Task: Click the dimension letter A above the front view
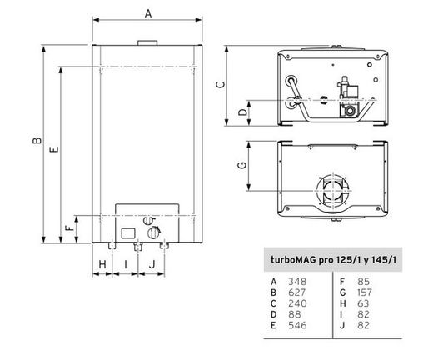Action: click(148, 13)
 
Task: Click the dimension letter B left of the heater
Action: click(37, 140)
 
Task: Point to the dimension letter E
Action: click(54, 149)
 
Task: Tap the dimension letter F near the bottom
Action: click(70, 227)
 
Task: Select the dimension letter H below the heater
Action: click(102, 264)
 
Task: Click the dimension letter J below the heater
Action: click(152, 264)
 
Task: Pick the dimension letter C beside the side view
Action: click(221, 84)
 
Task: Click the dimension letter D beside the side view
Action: click(243, 112)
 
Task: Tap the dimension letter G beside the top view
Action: click(242, 165)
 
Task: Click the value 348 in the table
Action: click(297, 282)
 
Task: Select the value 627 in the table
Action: click(296, 292)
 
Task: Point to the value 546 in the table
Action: click(297, 325)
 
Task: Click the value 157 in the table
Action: click(365, 292)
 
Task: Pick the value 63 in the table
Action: click(363, 303)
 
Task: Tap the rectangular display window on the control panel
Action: click(128, 233)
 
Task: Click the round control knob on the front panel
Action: click(153, 232)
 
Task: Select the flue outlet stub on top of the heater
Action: click(147, 42)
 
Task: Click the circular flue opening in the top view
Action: click(333, 191)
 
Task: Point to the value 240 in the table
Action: click(297, 303)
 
